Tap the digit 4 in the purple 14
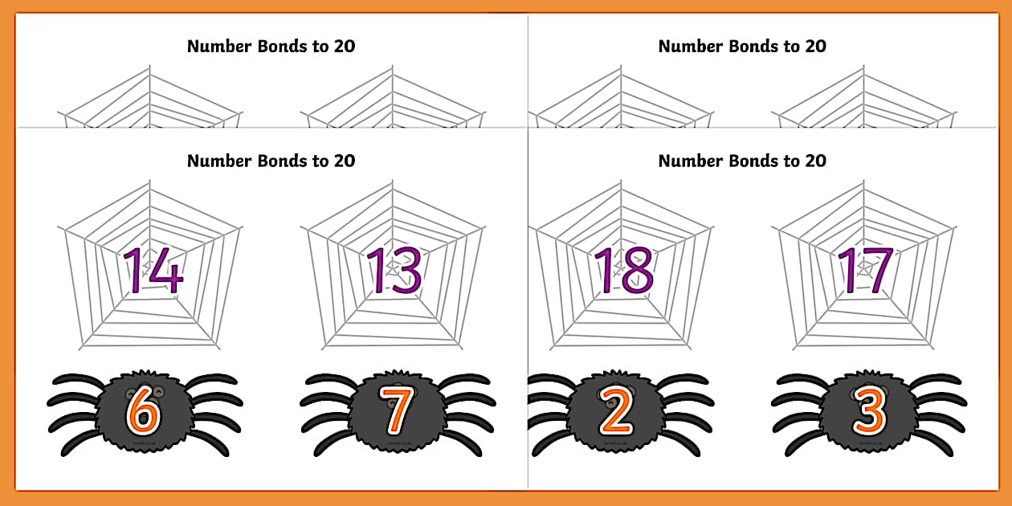(165, 270)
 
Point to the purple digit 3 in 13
(406, 270)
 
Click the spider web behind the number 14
(96, 321)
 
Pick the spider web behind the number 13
(337, 321)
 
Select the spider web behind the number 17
(811, 321)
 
